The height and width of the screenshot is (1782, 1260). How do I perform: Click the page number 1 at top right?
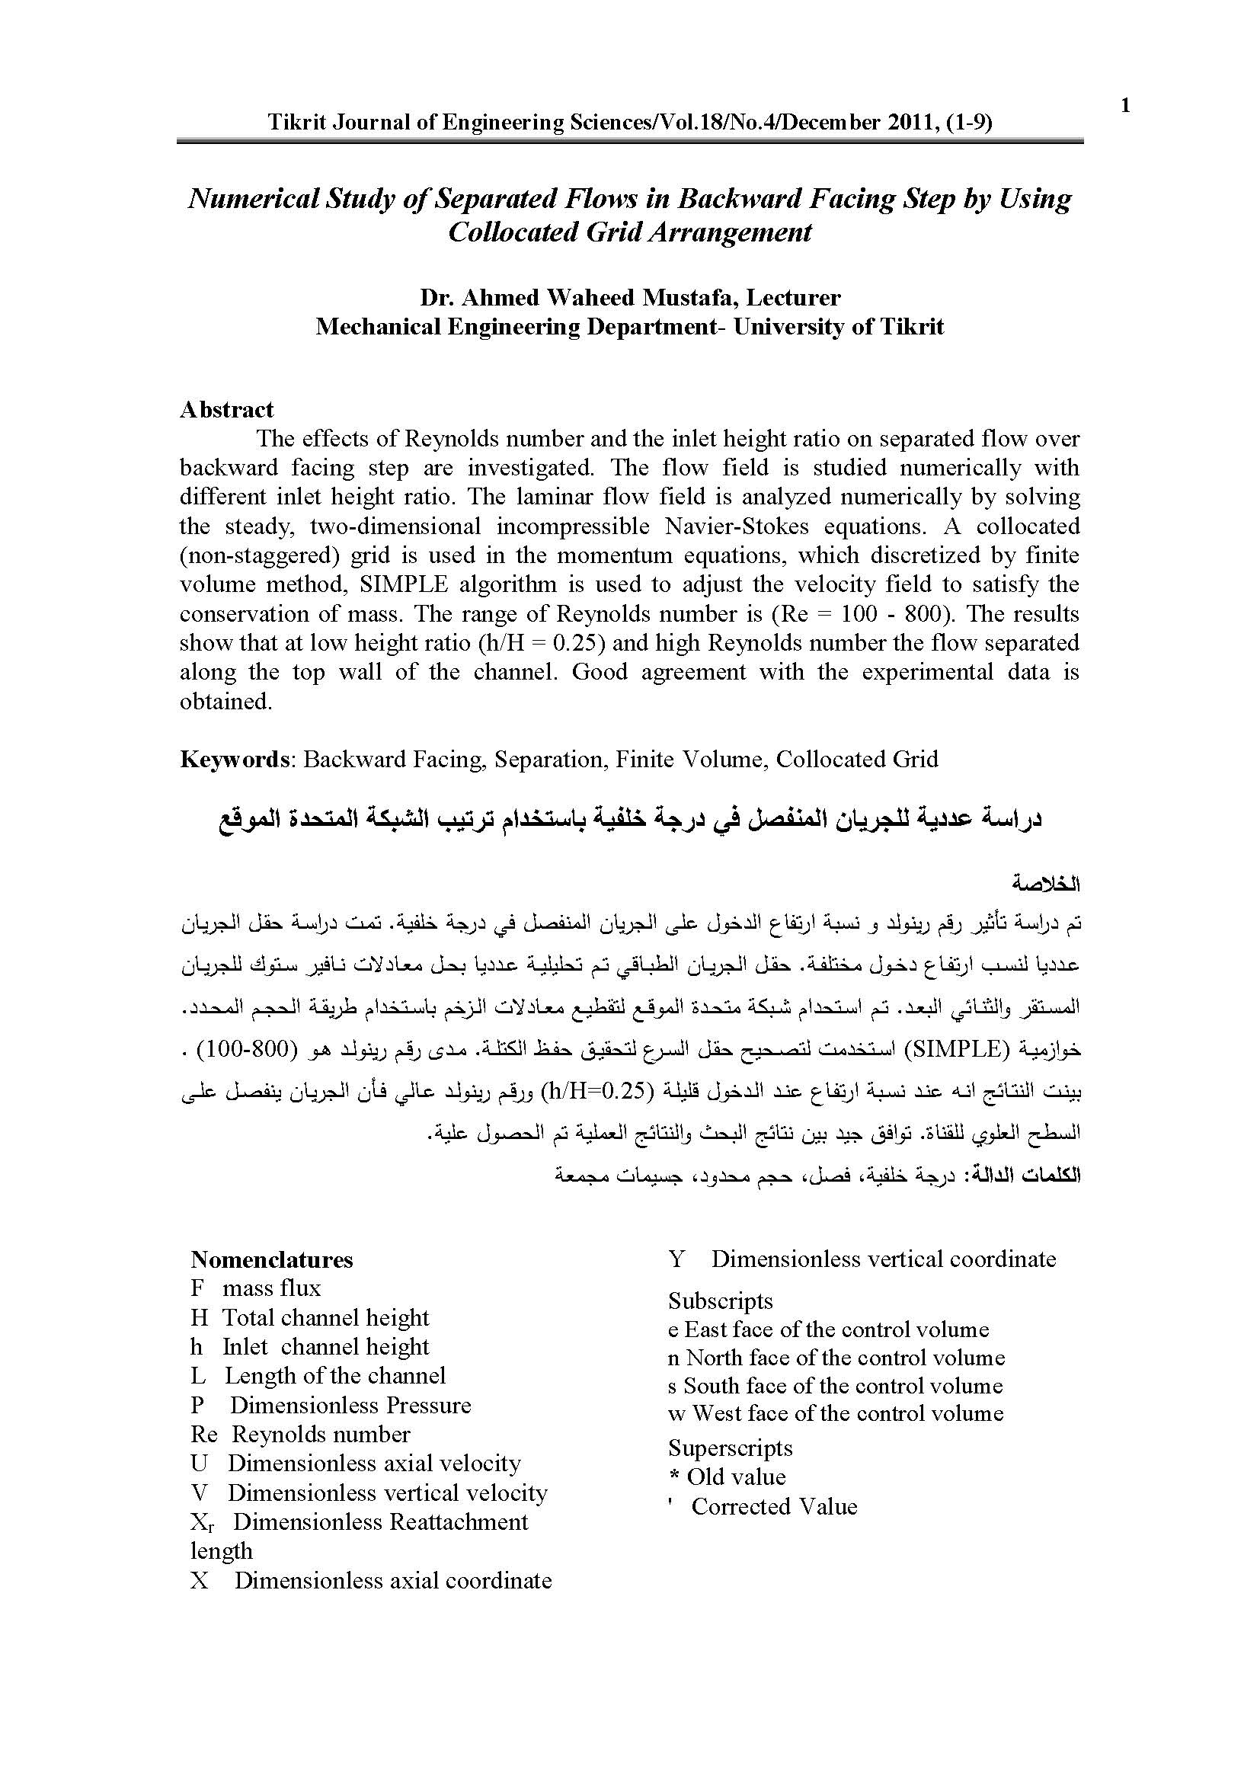click(x=1126, y=107)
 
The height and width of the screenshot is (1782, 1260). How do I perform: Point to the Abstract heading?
click(x=226, y=409)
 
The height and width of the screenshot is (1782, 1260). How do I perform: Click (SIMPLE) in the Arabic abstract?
click(x=955, y=1050)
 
